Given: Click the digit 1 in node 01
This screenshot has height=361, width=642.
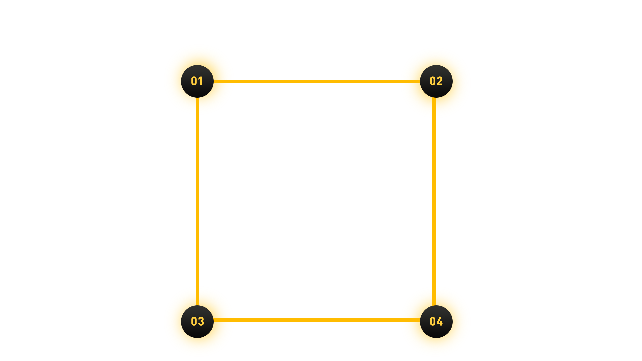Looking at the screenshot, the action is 201,81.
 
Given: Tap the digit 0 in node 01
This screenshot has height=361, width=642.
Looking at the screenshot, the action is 194,81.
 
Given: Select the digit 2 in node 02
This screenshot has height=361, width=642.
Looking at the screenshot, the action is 440,81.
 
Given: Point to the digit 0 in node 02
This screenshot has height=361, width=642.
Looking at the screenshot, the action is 433,81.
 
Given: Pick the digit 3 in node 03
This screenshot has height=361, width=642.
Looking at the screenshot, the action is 201,321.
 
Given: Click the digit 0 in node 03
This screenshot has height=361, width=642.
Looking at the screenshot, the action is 194,321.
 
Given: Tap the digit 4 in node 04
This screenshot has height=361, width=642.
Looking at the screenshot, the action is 440,321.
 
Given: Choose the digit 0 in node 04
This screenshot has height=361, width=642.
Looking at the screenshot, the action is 433,321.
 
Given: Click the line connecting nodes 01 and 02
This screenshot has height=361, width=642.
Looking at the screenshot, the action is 317,81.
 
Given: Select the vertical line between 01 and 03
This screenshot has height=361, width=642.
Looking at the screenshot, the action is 197,201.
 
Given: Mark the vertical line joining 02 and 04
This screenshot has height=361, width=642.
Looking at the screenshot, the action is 434,201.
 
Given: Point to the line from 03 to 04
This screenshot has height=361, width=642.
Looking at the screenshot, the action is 317,320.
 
